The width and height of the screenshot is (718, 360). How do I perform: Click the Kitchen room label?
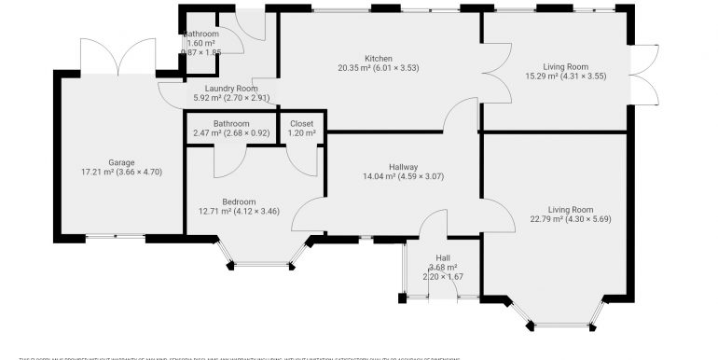pos(379,57)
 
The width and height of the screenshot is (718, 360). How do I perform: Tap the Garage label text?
pos(121,160)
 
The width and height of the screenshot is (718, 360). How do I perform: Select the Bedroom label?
pos(239,200)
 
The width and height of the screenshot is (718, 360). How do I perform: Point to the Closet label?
pos(301,124)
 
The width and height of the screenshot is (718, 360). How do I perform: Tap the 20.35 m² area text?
pos(355,67)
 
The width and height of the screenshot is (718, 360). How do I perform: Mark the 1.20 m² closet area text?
pos(301,134)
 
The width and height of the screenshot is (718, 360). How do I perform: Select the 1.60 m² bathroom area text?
pos(201,44)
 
